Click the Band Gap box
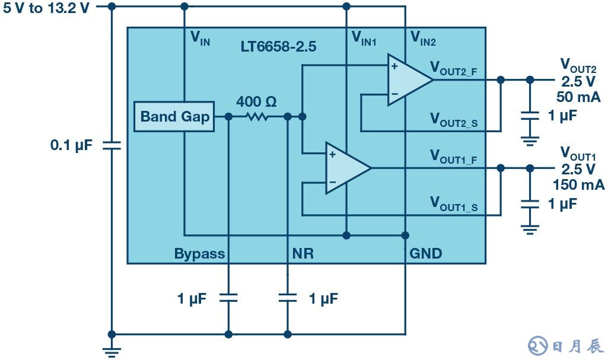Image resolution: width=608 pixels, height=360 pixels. click(174, 116)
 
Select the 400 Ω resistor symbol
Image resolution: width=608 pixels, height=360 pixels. click(257, 117)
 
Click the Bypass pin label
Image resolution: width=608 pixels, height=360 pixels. click(199, 254)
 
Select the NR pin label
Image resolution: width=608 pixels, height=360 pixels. click(303, 254)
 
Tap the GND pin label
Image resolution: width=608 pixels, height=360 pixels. click(426, 254)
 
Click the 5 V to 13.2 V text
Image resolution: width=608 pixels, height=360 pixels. click(46, 8)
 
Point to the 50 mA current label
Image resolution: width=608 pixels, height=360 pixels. click(578, 97)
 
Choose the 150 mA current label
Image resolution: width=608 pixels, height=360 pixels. click(578, 184)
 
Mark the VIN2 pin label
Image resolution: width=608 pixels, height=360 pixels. click(424, 39)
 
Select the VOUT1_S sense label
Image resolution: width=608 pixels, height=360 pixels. click(454, 204)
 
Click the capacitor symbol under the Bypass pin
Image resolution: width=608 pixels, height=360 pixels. click(228, 297)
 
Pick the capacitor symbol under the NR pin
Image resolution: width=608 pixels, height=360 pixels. click(287, 297)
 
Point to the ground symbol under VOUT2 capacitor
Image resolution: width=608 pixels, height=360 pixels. click(530, 141)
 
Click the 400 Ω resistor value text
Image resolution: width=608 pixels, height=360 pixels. click(256, 102)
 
